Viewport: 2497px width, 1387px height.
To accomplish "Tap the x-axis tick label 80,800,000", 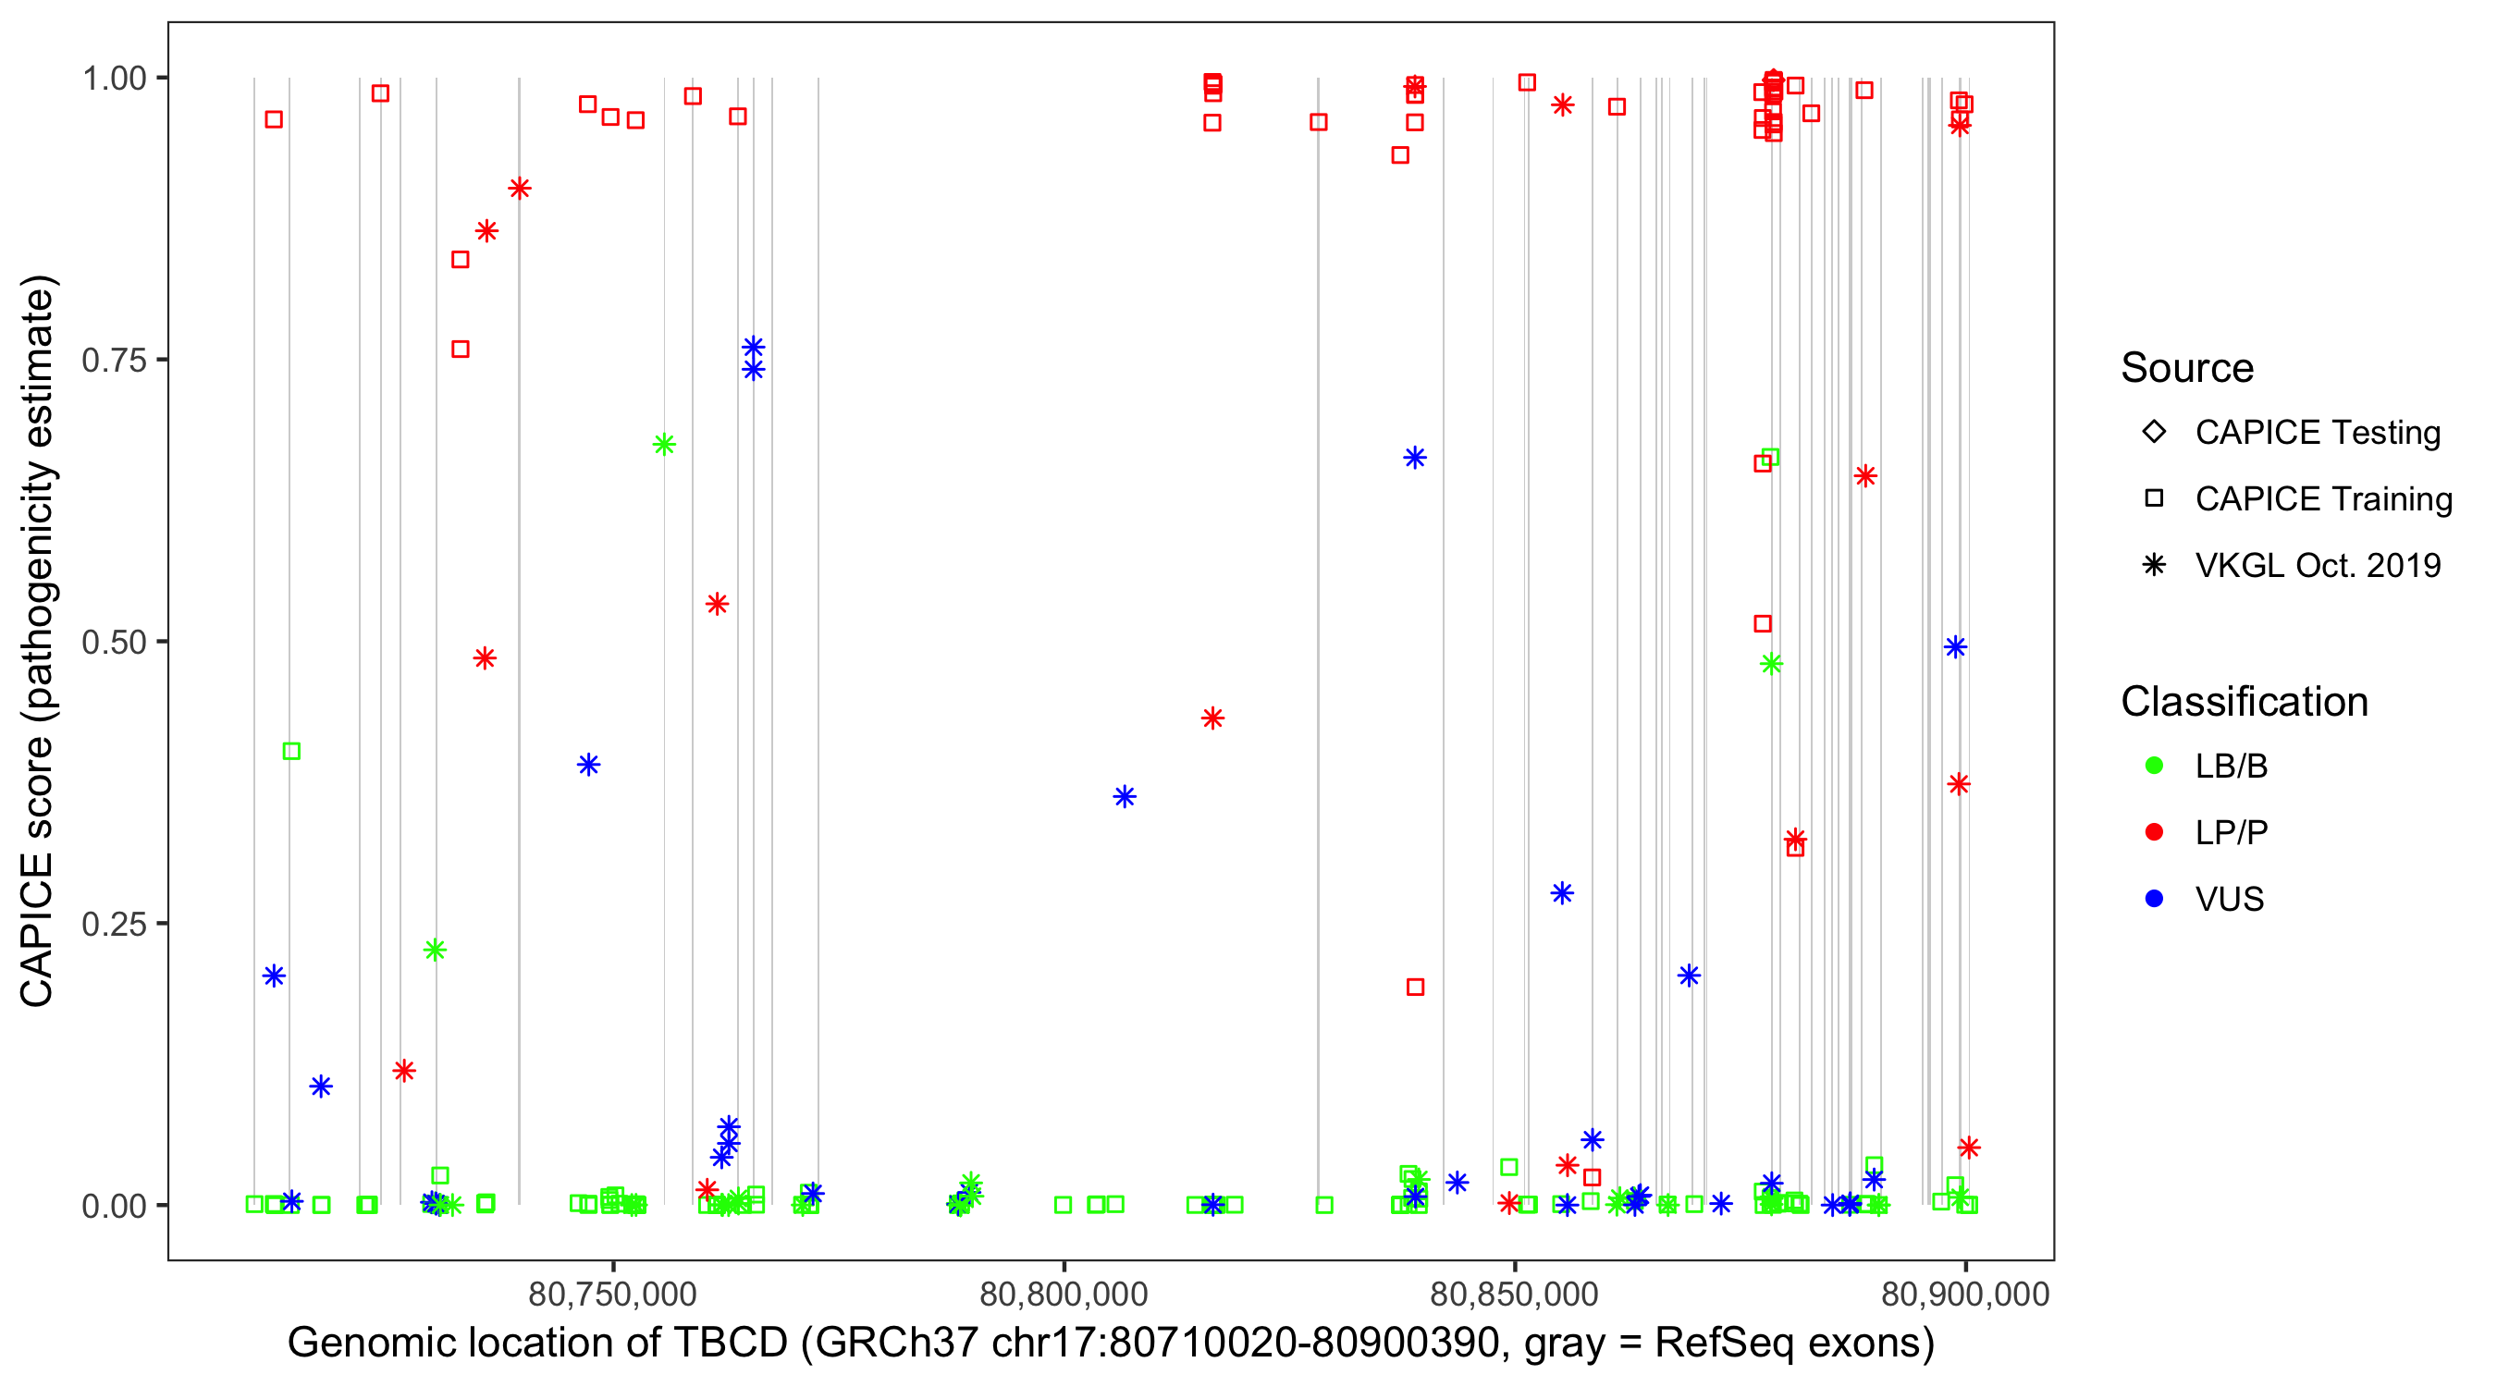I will click(1064, 1295).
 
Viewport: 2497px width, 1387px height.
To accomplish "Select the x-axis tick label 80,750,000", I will click(612, 1295).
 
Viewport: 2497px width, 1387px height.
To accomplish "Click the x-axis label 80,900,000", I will click(1965, 1295).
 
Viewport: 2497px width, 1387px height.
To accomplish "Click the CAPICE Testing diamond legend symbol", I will click(2154, 431).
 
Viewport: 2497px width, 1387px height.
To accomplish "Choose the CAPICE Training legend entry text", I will click(2322, 499).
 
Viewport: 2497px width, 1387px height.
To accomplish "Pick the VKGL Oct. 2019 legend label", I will click(2317, 565).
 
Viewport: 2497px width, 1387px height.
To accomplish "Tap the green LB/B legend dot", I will click(2154, 766).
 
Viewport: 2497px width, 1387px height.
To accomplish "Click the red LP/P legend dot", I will click(2154, 832).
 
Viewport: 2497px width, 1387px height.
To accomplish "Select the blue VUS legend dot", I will click(2154, 899).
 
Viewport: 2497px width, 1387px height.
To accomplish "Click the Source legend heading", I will click(2187, 368).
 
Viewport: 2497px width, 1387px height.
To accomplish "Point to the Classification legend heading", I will click(2244, 702).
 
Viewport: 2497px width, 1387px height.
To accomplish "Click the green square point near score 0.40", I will click(290, 751).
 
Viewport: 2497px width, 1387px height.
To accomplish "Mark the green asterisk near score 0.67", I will click(664, 445).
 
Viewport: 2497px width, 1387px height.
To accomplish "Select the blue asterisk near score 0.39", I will click(588, 765).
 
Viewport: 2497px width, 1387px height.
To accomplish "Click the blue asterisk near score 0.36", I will click(1125, 797).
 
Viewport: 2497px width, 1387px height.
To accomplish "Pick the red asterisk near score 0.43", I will click(1212, 718).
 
